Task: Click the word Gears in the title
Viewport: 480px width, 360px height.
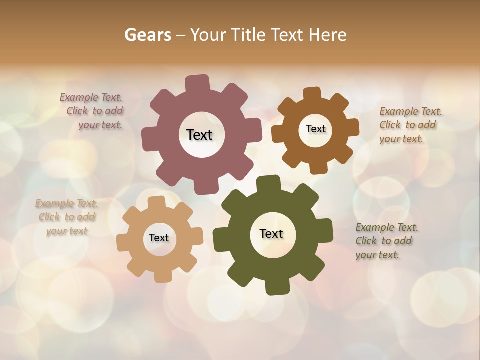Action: pyautogui.click(x=147, y=35)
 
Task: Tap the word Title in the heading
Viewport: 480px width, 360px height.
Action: pyautogui.click(x=249, y=35)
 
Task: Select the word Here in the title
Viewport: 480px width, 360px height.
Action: pyautogui.click(x=327, y=35)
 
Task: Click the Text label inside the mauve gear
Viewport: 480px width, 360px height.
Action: pyautogui.click(x=199, y=135)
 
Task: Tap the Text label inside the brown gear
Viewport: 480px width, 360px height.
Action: pyautogui.click(x=315, y=129)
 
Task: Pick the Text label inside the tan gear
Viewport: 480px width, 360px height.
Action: pyautogui.click(x=159, y=238)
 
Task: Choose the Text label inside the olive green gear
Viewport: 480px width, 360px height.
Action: pyautogui.click(x=271, y=233)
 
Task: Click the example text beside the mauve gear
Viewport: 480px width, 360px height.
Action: pyautogui.click(x=94, y=111)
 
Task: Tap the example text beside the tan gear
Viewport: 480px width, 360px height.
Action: pyautogui.click(x=67, y=217)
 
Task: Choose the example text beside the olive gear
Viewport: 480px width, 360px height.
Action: pyautogui.click(x=386, y=241)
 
